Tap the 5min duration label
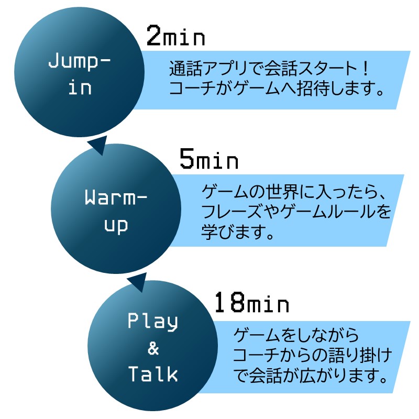tap(208, 159)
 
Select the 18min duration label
tap(252, 303)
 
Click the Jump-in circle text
tap(80, 74)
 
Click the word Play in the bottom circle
tap(153, 322)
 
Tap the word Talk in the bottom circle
tap(153, 374)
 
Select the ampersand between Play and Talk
tap(153, 348)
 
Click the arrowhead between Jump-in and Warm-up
tap(98, 146)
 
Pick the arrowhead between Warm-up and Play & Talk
tap(137, 282)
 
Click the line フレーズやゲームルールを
tap(296, 212)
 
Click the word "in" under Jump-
tap(80, 87)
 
